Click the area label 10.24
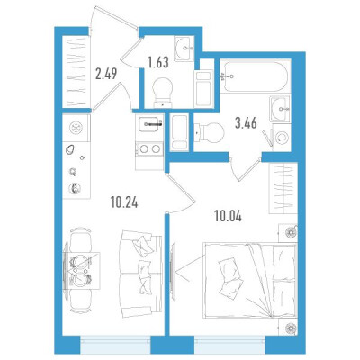click(124, 203)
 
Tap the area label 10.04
click(228, 216)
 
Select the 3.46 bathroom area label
click(246, 123)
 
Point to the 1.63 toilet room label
click(157, 62)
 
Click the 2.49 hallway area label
click(106, 74)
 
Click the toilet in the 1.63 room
click(163, 92)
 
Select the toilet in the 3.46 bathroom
click(210, 132)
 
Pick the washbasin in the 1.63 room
click(184, 49)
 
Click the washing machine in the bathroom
click(281, 138)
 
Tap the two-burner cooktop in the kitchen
click(149, 149)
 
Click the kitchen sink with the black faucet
click(150, 124)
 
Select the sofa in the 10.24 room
click(140, 274)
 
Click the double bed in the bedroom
click(250, 280)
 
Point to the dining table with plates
click(82, 271)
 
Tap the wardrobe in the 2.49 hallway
click(76, 72)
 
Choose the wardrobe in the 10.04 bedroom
click(283, 188)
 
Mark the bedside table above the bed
click(288, 232)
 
